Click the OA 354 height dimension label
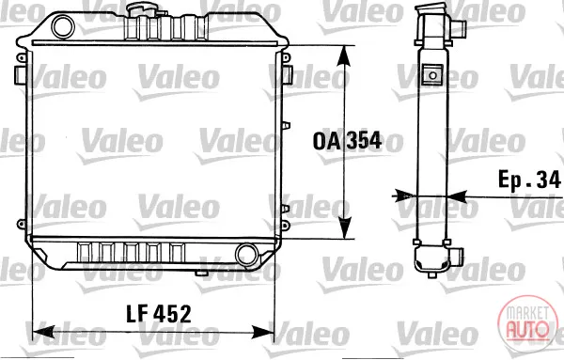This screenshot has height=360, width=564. [x=347, y=141]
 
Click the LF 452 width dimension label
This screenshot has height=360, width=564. [x=159, y=314]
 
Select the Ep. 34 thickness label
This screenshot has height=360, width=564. [x=529, y=180]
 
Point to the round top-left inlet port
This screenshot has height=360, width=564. [x=63, y=26]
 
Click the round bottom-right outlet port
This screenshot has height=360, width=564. [x=246, y=255]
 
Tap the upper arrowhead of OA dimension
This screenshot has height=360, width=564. [x=345, y=56]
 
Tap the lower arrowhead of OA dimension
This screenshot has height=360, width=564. [x=345, y=228]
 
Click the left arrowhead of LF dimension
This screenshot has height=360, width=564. [x=43, y=332]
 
